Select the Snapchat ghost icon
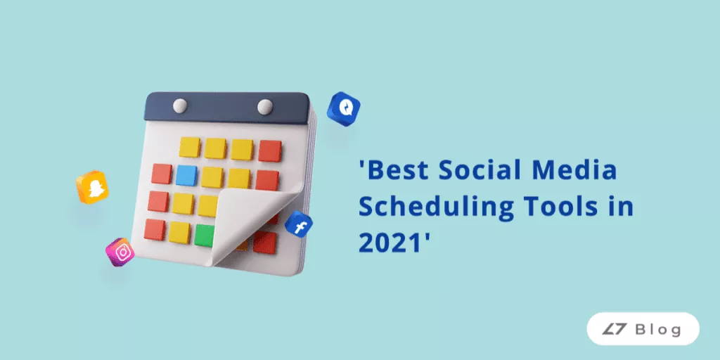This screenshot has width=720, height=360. click(x=92, y=188)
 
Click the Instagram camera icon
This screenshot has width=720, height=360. click(x=121, y=252)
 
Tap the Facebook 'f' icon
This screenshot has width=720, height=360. click(x=300, y=226)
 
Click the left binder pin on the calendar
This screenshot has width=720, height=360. click(x=180, y=105)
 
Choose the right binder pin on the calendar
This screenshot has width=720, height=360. click(x=265, y=107)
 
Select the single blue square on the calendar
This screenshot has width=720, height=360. click(x=186, y=175)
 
